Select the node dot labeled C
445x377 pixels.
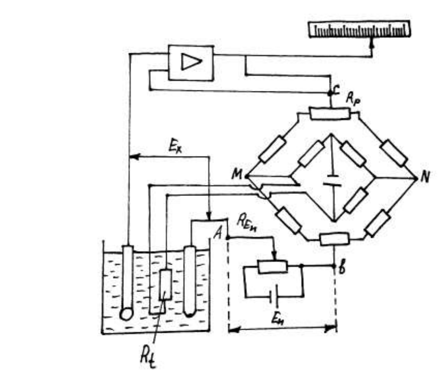331,93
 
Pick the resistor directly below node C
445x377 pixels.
329,113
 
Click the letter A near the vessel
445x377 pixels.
218,234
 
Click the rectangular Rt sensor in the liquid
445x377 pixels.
165,284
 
